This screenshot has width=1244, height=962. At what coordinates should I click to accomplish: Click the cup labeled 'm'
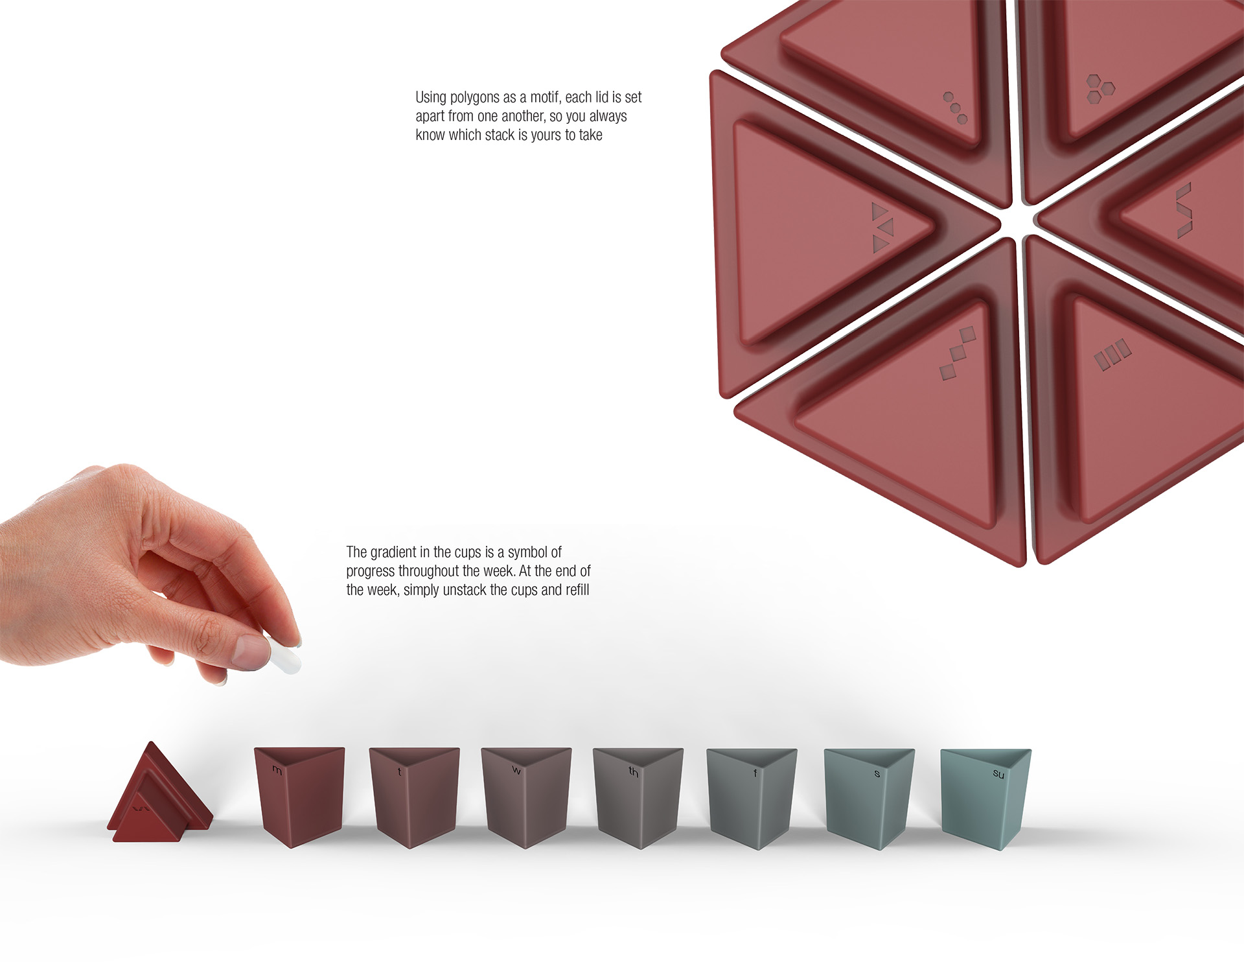[x=299, y=796]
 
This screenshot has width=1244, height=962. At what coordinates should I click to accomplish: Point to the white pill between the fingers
[x=283, y=655]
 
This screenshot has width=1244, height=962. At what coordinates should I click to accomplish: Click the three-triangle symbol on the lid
[x=883, y=227]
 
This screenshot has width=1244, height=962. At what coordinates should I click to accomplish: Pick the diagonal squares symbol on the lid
[x=958, y=353]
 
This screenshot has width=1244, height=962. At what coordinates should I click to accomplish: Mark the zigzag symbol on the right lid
[x=1184, y=210]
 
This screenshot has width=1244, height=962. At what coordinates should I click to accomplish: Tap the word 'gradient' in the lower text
[x=392, y=552]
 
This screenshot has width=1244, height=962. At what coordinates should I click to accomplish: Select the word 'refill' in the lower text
[x=577, y=590]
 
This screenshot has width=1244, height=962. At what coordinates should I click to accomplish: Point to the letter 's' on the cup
[x=877, y=774]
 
